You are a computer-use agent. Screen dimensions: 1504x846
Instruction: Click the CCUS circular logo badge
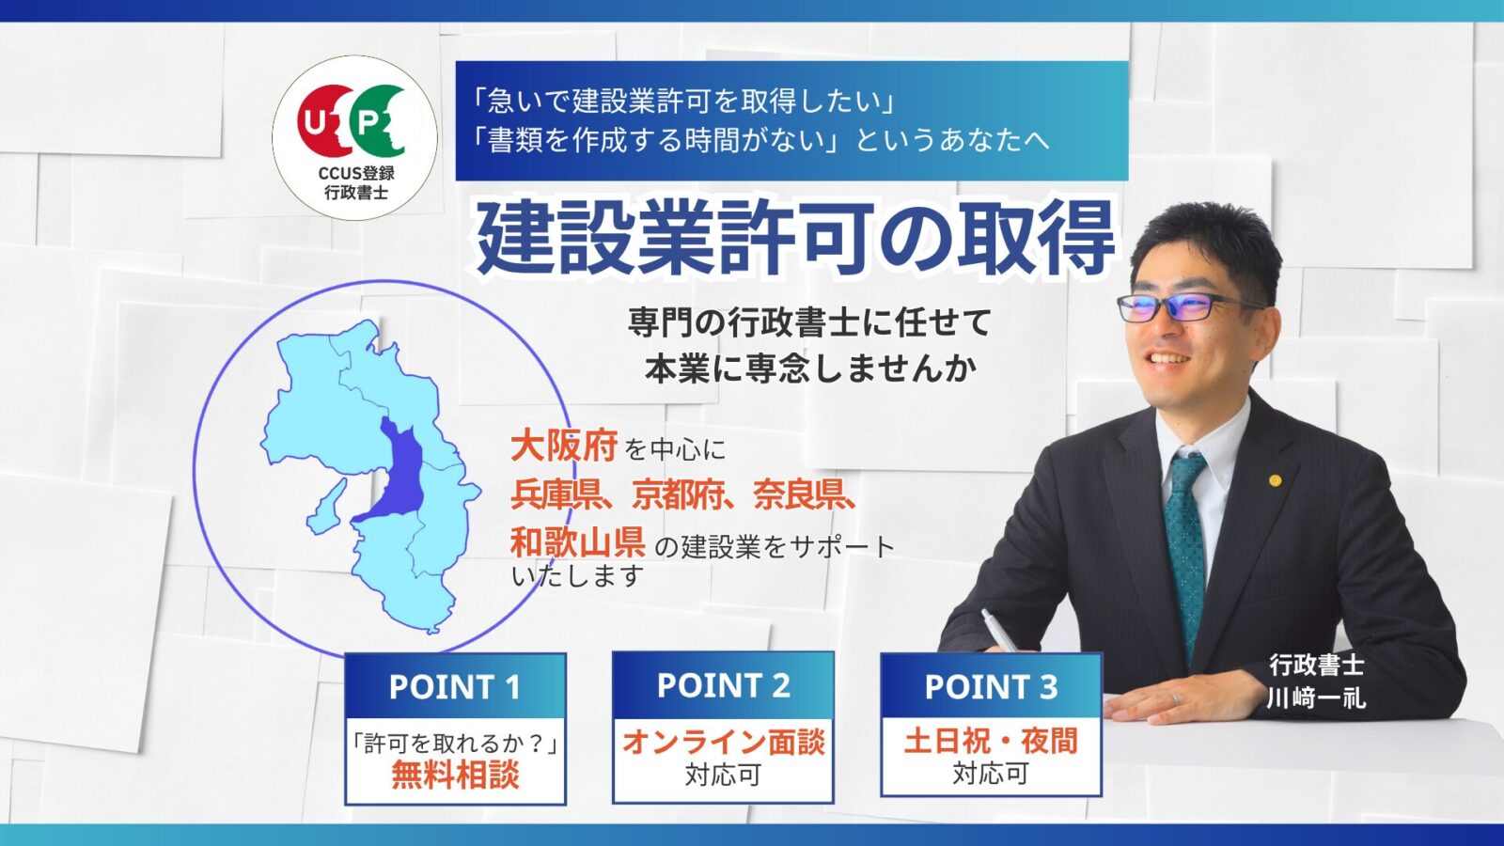(354, 137)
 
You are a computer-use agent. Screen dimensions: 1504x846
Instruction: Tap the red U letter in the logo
(312, 121)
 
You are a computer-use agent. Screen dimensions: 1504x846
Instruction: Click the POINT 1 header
(455, 686)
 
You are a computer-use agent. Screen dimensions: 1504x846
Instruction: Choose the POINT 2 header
(723, 685)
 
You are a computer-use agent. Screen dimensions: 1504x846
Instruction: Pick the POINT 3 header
(991, 685)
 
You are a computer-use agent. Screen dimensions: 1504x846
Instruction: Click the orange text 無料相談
(455, 775)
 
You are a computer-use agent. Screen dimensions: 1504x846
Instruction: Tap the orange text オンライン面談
(723, 743)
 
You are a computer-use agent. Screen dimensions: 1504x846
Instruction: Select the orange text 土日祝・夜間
(991, 742)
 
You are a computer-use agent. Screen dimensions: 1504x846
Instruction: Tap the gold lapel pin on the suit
(1275, 480)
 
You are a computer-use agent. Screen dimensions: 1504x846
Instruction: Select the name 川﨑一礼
(1316, 698)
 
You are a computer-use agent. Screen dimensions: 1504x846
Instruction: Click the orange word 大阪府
(564, 446)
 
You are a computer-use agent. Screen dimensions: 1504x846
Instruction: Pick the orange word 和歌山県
(578, 541)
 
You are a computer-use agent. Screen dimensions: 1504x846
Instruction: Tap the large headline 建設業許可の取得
(795, 239)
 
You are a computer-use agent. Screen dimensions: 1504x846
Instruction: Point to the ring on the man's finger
(1175, 699)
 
